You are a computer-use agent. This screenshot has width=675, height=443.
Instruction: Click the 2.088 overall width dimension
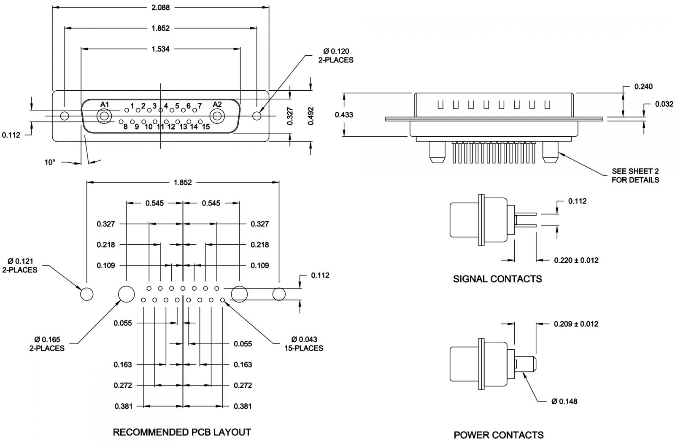[x=160, y=8]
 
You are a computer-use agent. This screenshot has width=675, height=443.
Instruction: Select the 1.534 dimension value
[x=160, y=49]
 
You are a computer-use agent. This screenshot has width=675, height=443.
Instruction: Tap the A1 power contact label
[x=105, y=105]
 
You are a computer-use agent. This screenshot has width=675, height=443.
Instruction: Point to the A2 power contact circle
[x=218, y=116]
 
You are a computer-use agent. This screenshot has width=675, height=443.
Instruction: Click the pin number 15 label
[x=205, y=126]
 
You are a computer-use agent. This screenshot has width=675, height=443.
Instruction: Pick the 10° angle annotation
[x=50, y=162]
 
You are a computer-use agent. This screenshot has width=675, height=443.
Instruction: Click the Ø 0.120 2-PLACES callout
[x=336, y=56]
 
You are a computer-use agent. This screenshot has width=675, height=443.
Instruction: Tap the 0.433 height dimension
[x=344, y=114]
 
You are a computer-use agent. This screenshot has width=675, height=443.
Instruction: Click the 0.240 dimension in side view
[x=643, y=86]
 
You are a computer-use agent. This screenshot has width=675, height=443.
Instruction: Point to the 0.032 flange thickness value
[x=664, y=104]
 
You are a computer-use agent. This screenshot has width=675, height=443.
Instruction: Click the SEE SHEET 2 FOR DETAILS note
[x=635, y=176]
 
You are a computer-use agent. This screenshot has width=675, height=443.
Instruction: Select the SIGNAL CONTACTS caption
[x=497, y=279]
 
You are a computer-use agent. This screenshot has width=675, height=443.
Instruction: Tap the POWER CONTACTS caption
[x=499, y=435]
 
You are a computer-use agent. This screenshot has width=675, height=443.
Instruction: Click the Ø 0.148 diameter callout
[x=564, y=401]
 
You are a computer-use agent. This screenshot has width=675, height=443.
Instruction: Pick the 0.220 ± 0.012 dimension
[x=576, y=260]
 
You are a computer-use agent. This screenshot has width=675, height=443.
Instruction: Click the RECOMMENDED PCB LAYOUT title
[x=182, y=432]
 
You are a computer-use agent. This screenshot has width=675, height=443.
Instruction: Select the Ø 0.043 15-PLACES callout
[x=304, y=344]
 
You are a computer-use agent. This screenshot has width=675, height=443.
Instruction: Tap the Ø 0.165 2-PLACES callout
[x=47, y=344]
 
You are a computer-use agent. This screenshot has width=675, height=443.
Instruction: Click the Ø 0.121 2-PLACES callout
[x=20, y=266]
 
